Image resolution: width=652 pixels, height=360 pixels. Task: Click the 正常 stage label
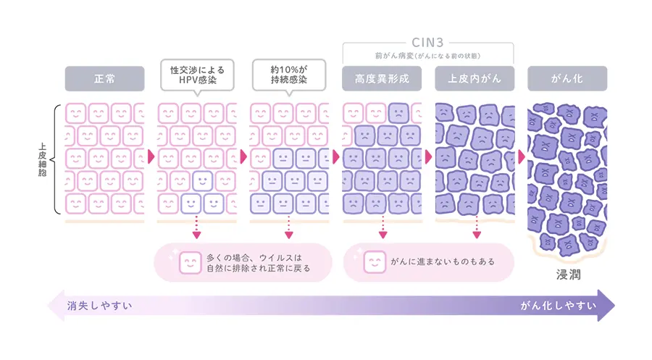click(x=104, y=78)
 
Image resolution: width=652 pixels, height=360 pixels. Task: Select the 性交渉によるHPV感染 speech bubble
click(x=196, y=75)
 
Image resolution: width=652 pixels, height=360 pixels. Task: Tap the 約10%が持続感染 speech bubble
click(x=289, y=75)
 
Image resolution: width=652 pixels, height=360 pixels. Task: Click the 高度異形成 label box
click(x=382, y=78)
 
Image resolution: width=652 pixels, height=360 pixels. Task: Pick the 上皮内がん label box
click(x=475, y=78)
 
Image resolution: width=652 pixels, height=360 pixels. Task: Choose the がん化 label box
click(x=567, y=78)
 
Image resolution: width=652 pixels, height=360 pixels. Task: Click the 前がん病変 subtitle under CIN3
click(x=427, y=55)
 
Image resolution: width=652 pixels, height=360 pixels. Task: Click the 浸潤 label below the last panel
click(x=567, y=275)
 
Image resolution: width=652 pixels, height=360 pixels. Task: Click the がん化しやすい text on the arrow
click(x=558, y=305)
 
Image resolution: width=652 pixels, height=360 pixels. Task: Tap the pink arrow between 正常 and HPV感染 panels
click(x=151, y=156)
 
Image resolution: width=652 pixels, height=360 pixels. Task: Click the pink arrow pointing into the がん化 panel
click(x=521, y=156)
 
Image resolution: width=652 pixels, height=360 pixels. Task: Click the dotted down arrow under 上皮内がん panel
click(x=476, y=230)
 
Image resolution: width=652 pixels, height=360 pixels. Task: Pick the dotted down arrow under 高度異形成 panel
click(x=383, y=230)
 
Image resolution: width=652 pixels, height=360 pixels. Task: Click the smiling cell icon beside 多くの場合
click(x=189, y=261)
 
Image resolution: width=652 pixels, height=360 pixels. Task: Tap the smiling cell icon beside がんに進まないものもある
click(x=375, y=261)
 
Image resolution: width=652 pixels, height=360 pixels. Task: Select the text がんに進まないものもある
click(x=443, y=261)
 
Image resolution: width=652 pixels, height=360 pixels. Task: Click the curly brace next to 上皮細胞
click(x=56, y=159)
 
